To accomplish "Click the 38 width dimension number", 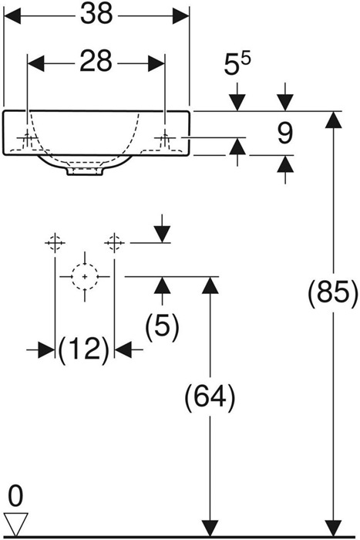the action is point(96,15).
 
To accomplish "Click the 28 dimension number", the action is point(96,62).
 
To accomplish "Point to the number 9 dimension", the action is point(285,133).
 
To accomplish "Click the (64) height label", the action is point(210,397).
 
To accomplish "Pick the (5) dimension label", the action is point(163,326).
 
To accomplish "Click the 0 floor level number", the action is point(15,496).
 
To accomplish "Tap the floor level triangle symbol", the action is point(15,524).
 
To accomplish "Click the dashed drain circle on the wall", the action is point(85,276).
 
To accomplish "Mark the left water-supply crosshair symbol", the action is point(55,243).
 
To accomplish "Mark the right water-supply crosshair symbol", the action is point(114,243).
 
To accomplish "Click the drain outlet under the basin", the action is point(85,171).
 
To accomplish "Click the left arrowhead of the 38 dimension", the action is point(12,15).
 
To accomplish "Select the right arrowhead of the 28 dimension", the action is point(156,63).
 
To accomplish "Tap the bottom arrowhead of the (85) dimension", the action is point(333,528).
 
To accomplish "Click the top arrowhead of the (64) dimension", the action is point(210,285).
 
